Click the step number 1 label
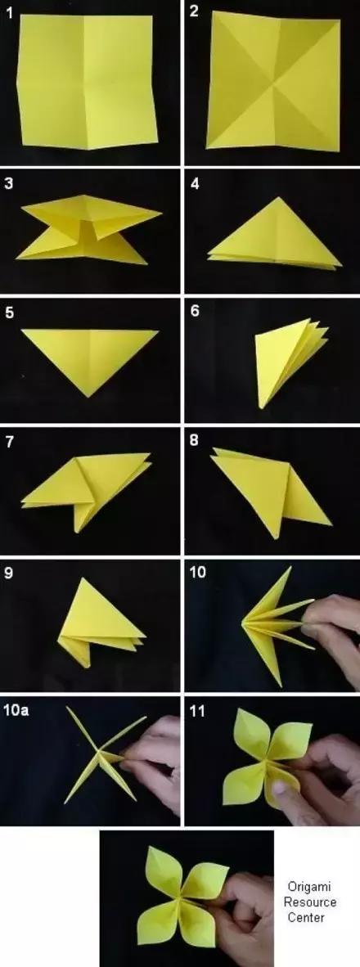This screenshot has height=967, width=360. (9, 12)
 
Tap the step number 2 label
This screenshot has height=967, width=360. (194, 11)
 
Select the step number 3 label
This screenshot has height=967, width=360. (9, 184)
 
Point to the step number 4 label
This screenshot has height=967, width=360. (194, 184)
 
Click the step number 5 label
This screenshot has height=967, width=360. (9, 313)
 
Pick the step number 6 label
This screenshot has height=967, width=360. (194, 311)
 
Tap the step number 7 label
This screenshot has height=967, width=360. (9, 442)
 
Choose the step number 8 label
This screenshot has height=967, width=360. (194, 442)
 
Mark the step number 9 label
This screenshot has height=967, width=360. (9, 573)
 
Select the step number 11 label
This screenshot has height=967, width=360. (196, 711)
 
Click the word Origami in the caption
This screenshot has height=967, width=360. (309, 888)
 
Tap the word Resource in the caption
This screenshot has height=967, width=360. (309, 902)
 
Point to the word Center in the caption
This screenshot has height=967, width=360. (306, 917)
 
